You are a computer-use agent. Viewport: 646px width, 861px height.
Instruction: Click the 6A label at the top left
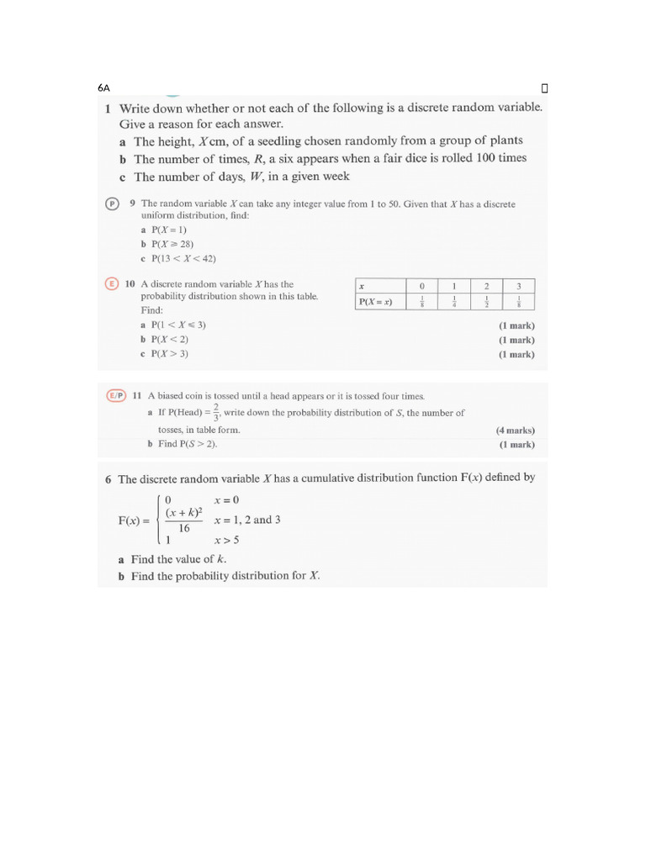coord(103,87)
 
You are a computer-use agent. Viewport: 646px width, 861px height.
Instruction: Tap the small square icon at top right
coord(544,87)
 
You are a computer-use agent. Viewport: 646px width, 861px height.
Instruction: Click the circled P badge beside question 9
coord(111,203)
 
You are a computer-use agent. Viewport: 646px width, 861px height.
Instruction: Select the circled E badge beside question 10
coord(111,284)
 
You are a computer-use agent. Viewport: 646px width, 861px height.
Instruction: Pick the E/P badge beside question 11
coord(115,395)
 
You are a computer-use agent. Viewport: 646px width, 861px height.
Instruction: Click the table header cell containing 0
coord(422,286)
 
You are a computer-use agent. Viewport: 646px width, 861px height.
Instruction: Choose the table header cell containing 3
coord(519,286)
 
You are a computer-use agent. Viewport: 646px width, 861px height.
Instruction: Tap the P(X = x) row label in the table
coord(376,302)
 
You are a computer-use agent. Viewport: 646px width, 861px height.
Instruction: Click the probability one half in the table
coord(486,302)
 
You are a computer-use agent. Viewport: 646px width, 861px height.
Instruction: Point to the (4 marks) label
coord(516,430)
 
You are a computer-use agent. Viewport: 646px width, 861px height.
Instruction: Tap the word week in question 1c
coord(333,177)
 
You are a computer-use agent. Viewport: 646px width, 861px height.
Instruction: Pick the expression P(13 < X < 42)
coord(177,258)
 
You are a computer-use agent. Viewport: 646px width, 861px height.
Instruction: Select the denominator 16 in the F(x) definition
coord(183,529)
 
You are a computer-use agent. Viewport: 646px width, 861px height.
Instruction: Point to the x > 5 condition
coord(227,541)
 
